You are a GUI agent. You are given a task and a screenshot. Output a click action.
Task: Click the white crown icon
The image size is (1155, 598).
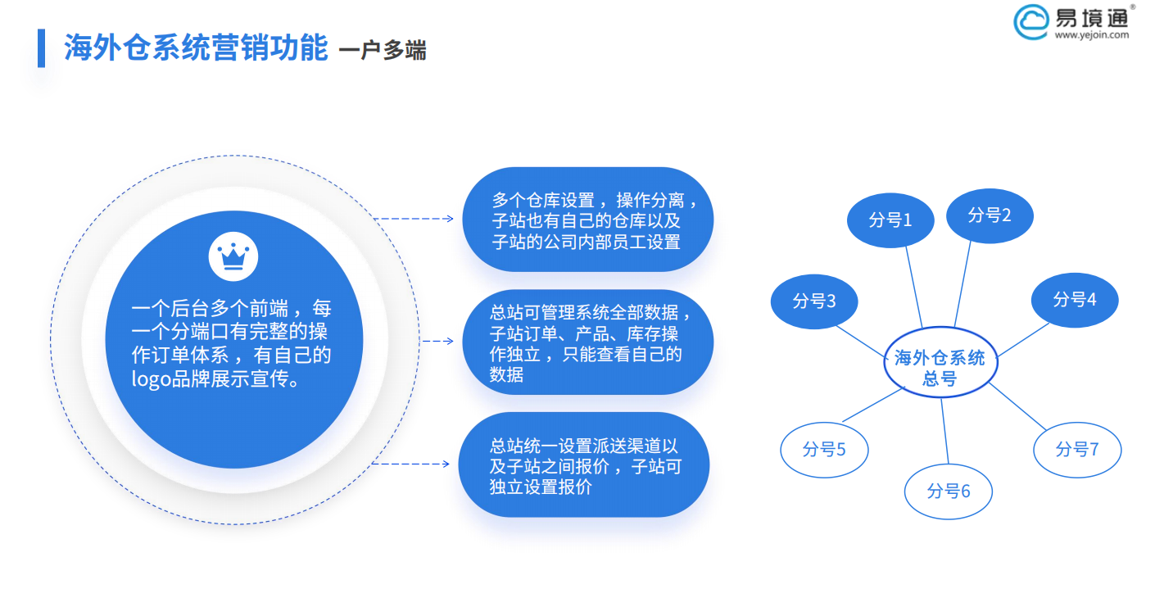click(233, 256)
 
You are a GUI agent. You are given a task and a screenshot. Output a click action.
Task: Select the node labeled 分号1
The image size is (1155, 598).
click(890, 220)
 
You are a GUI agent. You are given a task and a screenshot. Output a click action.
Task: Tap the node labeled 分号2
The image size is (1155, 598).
click(990, 215)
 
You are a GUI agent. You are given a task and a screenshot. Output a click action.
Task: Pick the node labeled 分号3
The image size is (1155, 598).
click(814, 301)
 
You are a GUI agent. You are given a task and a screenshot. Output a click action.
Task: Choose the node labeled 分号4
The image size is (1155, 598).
click(1074, 300)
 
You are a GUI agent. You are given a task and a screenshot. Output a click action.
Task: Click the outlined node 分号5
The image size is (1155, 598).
click(824, 450)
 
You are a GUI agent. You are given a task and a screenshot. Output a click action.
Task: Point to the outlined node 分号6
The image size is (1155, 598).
click(949, 492)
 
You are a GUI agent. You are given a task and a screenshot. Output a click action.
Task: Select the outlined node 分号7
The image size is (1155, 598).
click(1077, 449)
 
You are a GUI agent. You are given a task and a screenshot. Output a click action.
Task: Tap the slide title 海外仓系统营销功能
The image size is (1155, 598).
click(196, 48)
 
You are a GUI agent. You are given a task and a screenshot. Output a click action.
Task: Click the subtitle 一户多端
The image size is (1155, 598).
click(383, 51)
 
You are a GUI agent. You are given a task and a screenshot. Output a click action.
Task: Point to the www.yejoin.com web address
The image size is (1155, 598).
click(1091, 35)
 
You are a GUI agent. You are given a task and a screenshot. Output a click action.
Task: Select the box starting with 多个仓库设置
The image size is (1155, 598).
click(587, 220)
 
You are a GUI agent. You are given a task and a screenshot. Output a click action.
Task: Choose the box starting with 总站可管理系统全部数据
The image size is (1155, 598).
click(587, 343)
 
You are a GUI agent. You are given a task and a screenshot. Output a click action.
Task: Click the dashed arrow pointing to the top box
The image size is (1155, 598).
click(413, 219)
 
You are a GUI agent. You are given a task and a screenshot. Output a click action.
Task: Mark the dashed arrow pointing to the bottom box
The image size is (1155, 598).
click(410, 464)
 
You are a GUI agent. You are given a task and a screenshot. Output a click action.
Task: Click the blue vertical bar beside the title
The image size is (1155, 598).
click(42, 48)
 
